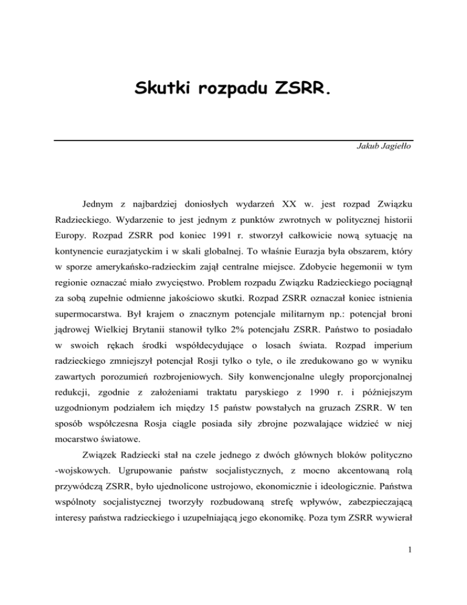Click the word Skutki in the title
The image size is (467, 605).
(161, 94)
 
